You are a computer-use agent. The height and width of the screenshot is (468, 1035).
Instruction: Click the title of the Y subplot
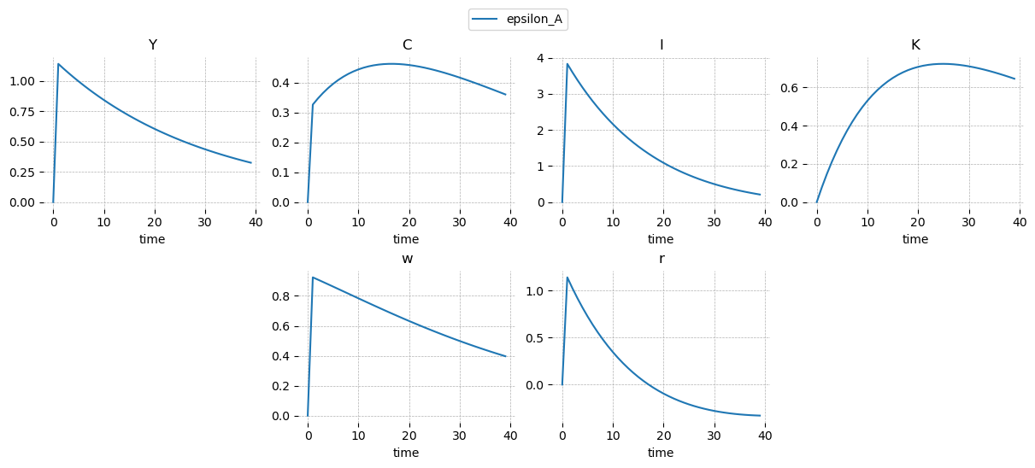152,45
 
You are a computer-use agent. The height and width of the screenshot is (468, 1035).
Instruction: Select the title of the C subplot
407,45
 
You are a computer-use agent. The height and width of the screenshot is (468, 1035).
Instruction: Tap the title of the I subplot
661,45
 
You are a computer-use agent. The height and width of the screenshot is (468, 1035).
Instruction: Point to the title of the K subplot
915,45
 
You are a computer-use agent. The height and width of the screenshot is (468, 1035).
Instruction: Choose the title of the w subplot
407,259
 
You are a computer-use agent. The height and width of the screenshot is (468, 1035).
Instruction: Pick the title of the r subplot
661,259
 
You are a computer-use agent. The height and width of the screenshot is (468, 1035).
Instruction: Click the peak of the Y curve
58,64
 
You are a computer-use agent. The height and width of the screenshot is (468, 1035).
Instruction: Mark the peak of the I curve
567,64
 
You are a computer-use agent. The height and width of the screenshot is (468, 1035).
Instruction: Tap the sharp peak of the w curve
313,278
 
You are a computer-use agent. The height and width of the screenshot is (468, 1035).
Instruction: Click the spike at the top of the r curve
567,278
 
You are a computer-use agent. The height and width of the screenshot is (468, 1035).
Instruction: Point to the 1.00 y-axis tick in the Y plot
24,81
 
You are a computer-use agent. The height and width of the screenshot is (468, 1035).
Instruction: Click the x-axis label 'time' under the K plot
915,239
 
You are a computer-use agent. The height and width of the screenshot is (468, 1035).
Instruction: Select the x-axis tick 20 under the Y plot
155,222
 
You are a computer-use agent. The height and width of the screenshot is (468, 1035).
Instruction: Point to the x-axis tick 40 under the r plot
765,436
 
